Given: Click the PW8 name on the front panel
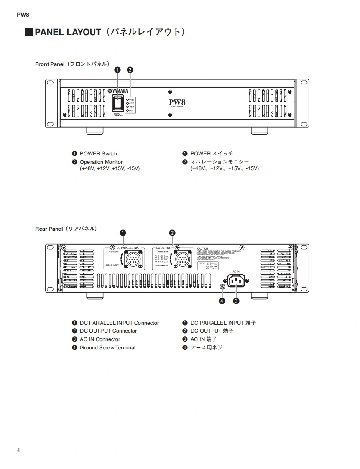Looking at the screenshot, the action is [177, 102].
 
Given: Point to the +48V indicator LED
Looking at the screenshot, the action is [128, 100].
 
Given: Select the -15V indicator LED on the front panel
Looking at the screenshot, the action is [128, 110].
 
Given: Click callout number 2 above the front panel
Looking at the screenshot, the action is [130, 70].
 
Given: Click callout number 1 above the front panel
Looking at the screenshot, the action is [117, 70].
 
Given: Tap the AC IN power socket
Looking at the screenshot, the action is [236, 281].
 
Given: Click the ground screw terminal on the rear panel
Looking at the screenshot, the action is [222, 286].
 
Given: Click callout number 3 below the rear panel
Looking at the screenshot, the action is [236, 301].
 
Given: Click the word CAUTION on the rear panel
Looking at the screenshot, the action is [202, 249].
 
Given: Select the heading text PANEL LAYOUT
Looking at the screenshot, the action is [68, 32].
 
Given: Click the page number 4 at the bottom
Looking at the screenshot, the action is [18, 450].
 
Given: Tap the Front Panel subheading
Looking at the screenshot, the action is [50, 64].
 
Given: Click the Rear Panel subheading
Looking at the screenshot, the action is [49, 229].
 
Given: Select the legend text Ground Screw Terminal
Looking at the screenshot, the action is [107, 347].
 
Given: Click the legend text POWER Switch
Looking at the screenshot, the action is [98, 153].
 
